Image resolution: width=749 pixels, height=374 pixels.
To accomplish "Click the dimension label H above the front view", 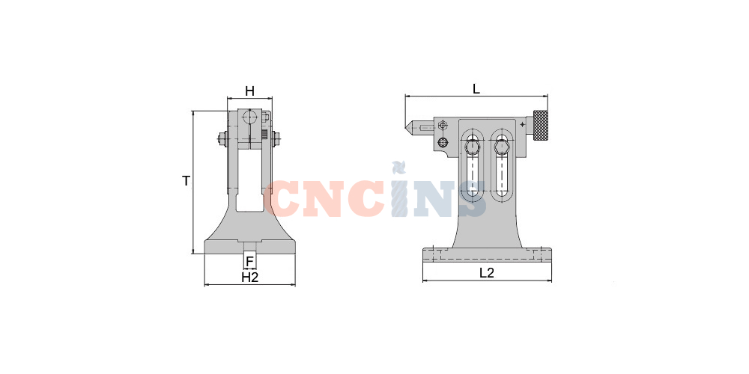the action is (x=249, y=91).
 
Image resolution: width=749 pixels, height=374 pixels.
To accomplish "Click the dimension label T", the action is (x=187, y=181).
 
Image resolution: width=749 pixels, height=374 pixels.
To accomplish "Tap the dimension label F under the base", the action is (x=249, y=262).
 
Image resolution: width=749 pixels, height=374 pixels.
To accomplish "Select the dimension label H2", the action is (x=250, y=278).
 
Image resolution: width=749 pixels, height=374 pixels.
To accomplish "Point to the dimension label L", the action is (x=476, y=89).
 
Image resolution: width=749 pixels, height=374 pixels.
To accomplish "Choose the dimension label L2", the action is (x=487, y=273).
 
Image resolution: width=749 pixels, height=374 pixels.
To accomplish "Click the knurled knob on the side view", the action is (x=541, y=126).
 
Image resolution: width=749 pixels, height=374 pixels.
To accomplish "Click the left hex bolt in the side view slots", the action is (x=473, y=146).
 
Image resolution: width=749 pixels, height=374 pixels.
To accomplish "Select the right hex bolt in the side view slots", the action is (x=502, y=146).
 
